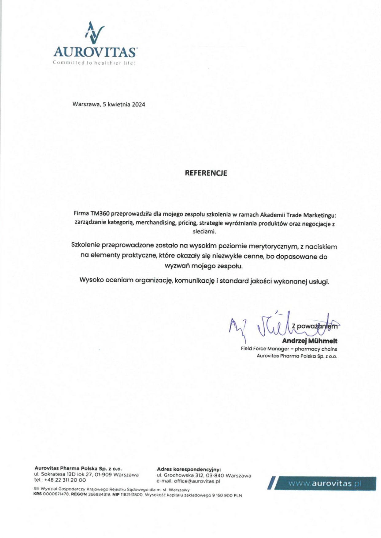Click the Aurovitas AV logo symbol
tap(95, 33)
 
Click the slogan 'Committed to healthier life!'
tap(94, 63)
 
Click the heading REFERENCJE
tap(206, 173)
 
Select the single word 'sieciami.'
tap(204, 231)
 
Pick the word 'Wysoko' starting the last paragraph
tap(91, 280)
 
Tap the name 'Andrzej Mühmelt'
tap(309, 341)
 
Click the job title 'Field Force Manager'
tap(265, 349)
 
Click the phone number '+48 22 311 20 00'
tap(65, 480)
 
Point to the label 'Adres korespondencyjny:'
tap(189, 469)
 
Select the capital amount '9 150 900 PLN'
tap(227, 495)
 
